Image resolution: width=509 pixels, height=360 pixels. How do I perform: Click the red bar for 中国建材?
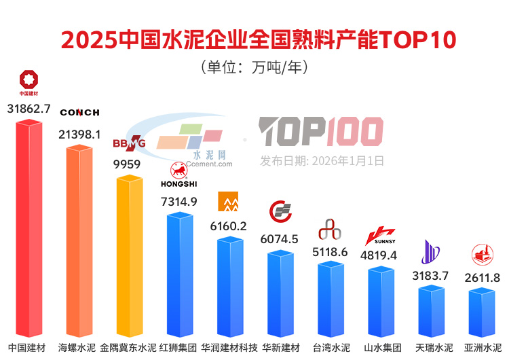pyautogui.click(x=29, y=231)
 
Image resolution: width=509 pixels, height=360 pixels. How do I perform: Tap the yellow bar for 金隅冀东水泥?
pyautogui.click(x=129, y=258)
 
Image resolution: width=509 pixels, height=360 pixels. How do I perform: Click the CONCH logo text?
pyautogui.click(x=79, y=112)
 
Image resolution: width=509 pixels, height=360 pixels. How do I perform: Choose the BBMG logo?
pyautogui.click(x=129, y=143)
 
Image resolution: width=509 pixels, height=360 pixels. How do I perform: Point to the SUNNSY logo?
pyautogui.click(x=380, y=236)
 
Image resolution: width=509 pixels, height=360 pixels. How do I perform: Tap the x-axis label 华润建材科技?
pyautogui.click(x=229, y=348)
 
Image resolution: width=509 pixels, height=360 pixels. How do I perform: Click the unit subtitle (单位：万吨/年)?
pyautogui.click(x=254, y=67)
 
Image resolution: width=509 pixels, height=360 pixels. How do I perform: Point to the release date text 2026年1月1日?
pyautogui.click(x=322, y=161)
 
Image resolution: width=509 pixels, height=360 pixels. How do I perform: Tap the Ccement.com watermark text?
pyautogui.click(x=207, y=163)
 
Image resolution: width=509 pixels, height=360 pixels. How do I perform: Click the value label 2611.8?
pyautogui.click(x=483, y=278)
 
